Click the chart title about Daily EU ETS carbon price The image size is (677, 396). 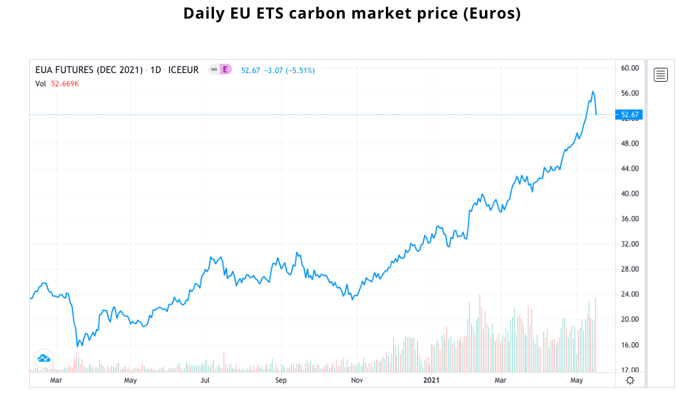351,13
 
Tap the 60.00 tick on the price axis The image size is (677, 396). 629,68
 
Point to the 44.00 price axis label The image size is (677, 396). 629,169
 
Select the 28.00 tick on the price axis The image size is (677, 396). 629,269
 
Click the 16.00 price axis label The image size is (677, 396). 629,345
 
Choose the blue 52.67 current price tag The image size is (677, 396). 629,115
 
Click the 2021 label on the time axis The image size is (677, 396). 432,380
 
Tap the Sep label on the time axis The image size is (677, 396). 281,380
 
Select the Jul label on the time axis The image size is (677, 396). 205,380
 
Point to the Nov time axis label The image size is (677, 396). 357,380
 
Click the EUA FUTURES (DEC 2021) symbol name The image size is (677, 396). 89,70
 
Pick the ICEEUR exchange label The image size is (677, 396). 183,70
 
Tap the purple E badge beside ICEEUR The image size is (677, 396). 225,70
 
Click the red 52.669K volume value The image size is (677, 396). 65,84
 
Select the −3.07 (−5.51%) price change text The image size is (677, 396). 289,70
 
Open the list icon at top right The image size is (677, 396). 660,74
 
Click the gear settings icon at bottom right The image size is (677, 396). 630,380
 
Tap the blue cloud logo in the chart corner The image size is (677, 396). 44,358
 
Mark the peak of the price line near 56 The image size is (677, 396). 593,92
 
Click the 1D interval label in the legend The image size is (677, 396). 156,70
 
